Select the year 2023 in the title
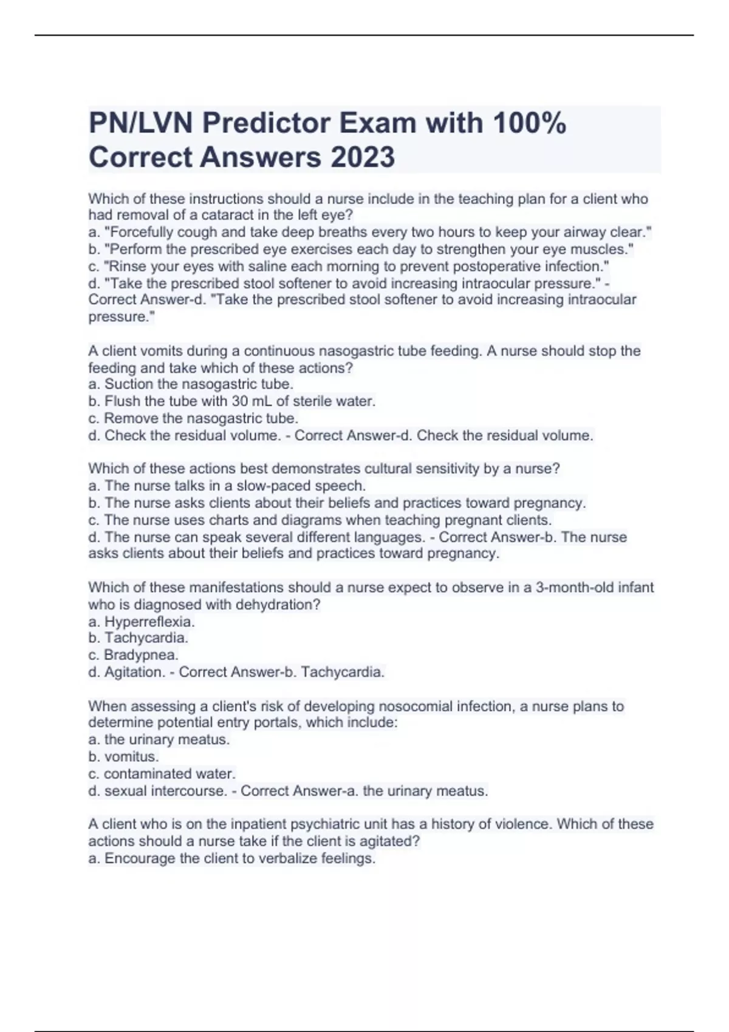tap(363, 157)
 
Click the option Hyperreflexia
tap(149, 622)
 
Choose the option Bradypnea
tap(141, 655)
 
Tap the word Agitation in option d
tap(134, 672)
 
